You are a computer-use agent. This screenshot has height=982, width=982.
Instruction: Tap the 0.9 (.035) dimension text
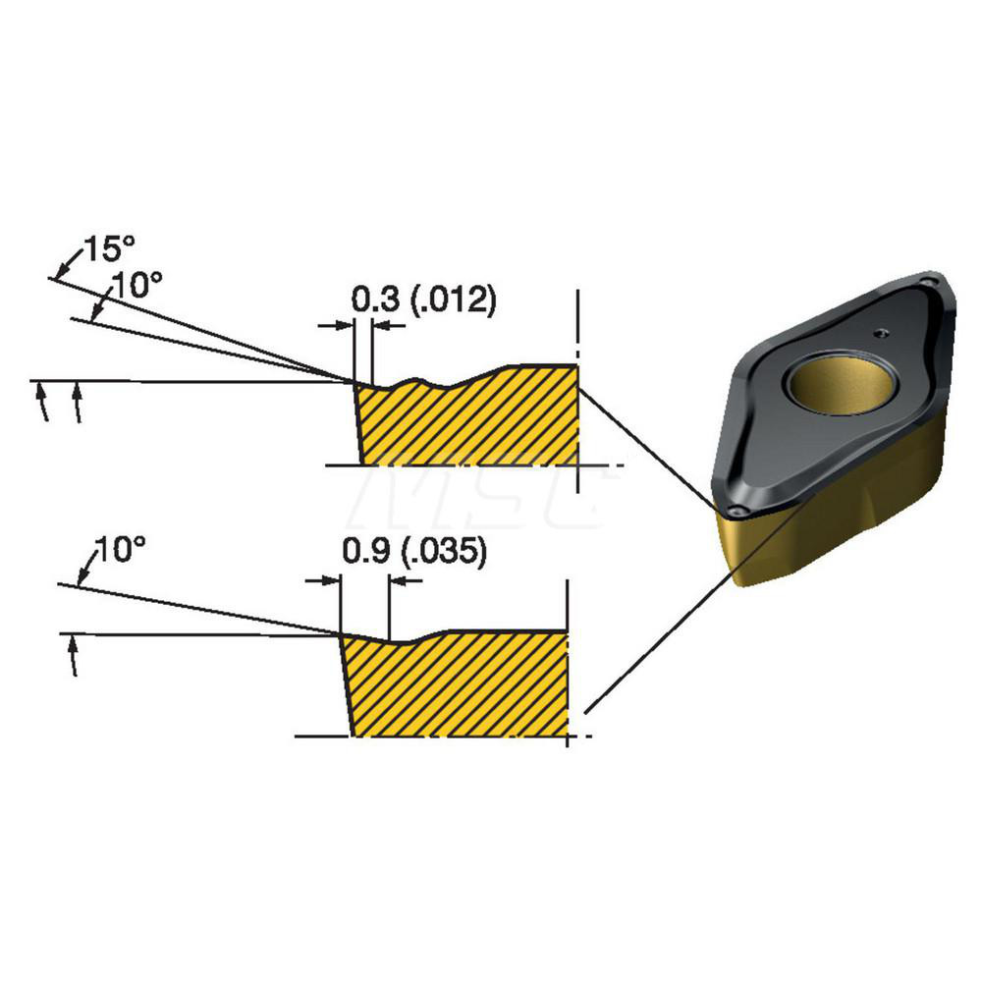click(413, 554)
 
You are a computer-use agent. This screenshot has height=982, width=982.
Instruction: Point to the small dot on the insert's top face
click(883, 332)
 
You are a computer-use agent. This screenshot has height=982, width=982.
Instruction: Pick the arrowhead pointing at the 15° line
click(61, 269)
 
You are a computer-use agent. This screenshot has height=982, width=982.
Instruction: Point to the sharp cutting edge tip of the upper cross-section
click(355, 382)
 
